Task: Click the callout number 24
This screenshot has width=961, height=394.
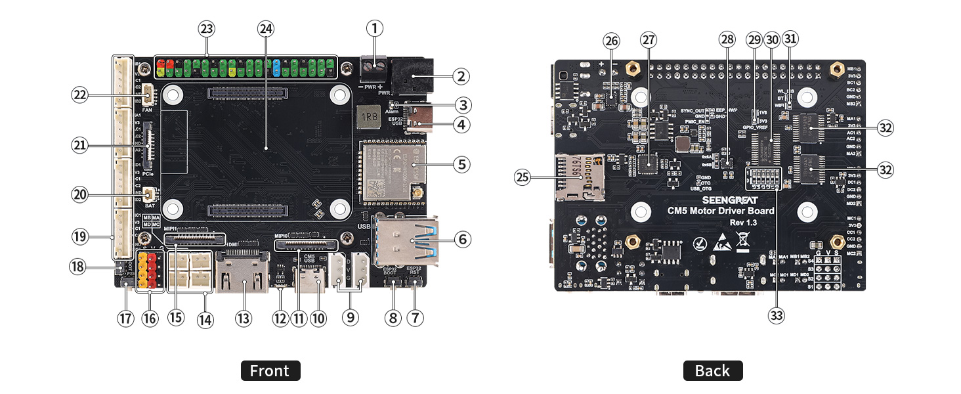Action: pos(266,29)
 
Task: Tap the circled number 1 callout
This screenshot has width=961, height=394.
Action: pos(375,28)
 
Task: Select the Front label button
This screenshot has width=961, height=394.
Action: pos(270,371)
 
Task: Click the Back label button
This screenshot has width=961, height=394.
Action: pos(712,371)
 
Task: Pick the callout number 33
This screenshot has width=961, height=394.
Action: pos(777,316)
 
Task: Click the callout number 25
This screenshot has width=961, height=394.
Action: pos(522,177)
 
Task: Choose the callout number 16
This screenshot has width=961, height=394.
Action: pos(150,318)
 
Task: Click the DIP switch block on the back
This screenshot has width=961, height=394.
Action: pos(762,178)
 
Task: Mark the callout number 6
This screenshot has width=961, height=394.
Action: pos(461,240)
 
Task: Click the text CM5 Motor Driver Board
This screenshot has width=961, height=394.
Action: pos(720,211)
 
